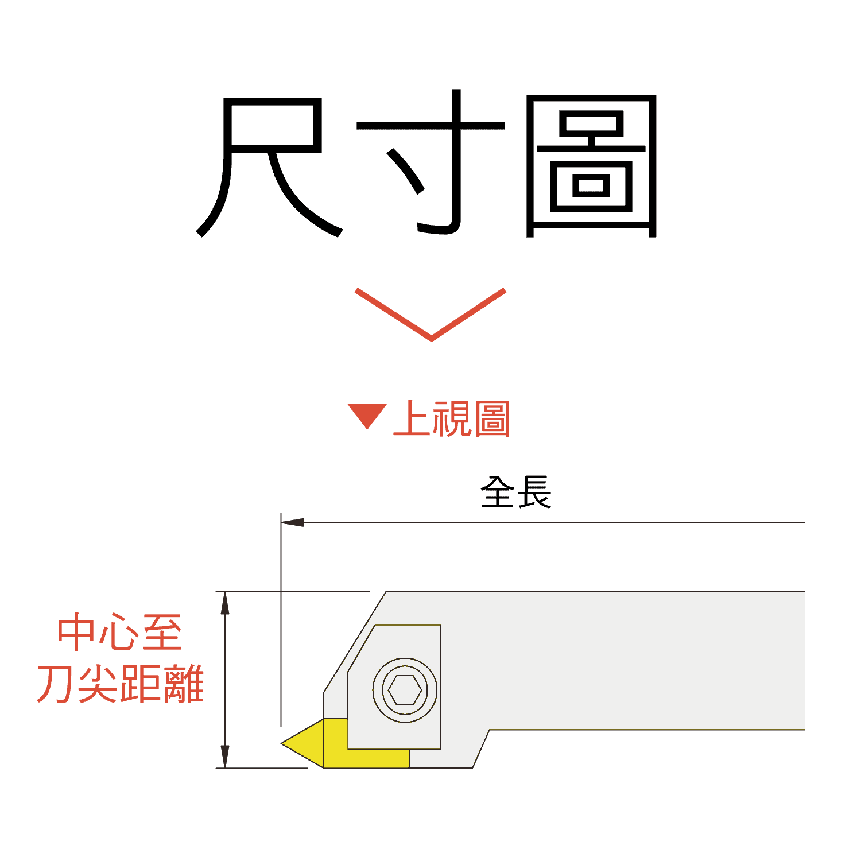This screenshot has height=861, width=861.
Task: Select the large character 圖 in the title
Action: point(591,166)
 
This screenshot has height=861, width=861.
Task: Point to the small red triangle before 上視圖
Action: point(367,414)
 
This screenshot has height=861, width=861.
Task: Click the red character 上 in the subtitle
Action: point(412,419)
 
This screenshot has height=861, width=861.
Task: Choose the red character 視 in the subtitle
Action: point(452,419)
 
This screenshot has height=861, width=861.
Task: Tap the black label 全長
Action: point(515,492)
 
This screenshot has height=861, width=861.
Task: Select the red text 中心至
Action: point(119,633)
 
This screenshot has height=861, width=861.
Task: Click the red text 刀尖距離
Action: point(121,684)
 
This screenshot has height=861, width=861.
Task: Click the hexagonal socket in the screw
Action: point(405,690)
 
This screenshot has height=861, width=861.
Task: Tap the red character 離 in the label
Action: point(184,684)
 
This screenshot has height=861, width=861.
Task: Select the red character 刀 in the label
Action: point(56,684)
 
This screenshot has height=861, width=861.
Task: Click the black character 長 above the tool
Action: point(534,492)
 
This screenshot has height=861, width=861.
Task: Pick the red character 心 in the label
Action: point(119,633)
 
